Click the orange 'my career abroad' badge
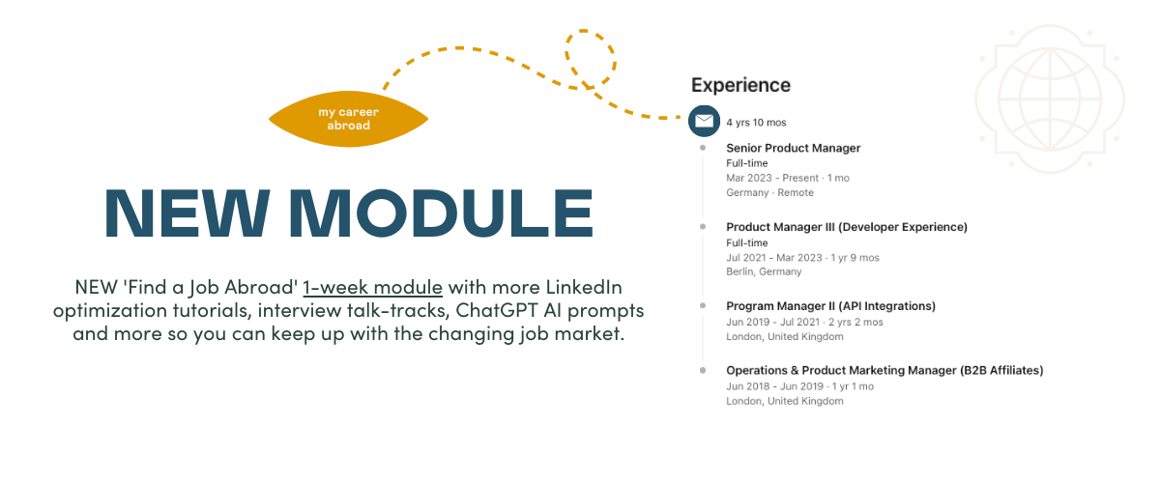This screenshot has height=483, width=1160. click(349, 119)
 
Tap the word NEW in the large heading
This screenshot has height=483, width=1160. click(187, 213)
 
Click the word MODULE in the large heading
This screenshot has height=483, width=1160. click(441, 213)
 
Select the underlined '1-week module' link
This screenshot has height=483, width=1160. click(372, 287)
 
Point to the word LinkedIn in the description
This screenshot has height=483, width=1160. click(584, 287)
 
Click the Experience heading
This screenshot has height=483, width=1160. click(740, 85)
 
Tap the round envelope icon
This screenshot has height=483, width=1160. click(704, 121)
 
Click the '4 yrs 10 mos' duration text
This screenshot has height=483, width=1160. click(756, 123)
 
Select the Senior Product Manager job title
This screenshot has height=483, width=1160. click(793, 148)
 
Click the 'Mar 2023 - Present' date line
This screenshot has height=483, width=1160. click(788, 178)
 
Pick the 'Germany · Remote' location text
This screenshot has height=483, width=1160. click(769, 192)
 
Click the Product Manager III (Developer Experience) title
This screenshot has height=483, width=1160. click(847, 227)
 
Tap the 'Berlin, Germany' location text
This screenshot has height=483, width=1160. click(764, 271)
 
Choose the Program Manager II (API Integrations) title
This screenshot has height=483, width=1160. click(830, 306)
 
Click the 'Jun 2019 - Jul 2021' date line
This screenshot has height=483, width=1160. click(804, 322)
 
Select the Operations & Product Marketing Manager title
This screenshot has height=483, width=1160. click(884, 371)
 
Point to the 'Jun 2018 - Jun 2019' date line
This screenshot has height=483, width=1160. click(799, 386)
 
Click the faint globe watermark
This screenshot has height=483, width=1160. click(1050, 99)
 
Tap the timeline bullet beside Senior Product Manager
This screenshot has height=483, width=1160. click(703, 148)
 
